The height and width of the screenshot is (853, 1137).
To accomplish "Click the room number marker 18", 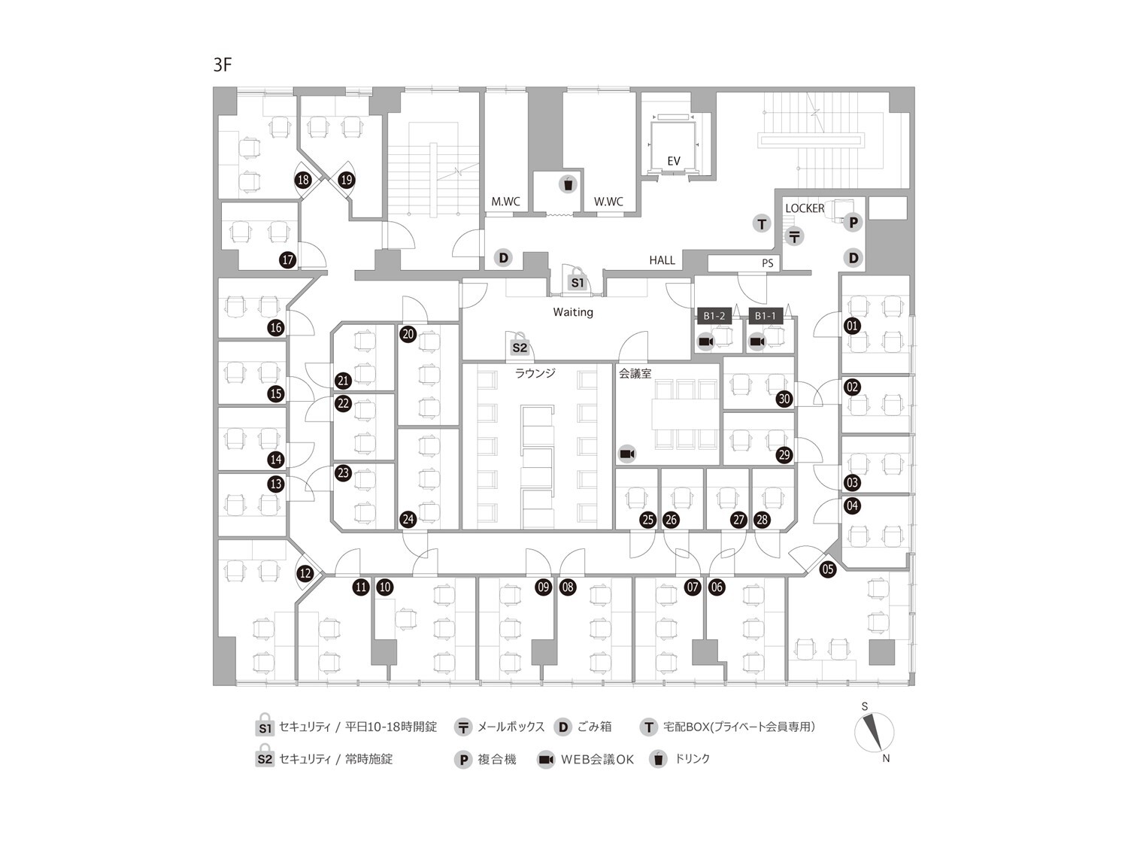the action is (x=303, y=180).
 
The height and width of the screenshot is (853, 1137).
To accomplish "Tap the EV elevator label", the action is (x=673, y=161).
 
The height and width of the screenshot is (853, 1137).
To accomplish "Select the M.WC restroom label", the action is (x=505, y=202).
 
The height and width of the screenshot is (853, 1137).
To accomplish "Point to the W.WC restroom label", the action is (x=608, y=202).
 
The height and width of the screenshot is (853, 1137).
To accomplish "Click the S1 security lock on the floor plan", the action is (x=577, y=280).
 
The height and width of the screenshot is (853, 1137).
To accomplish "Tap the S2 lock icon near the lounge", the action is (x=520, y=345).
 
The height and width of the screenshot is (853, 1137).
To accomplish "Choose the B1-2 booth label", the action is (x=714, y=316).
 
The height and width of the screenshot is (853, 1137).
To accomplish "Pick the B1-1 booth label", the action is (x=765, y=316).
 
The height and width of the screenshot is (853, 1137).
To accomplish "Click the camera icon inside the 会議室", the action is (x=626, y=454).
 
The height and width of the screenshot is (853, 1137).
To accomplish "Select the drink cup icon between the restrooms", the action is (x=568, y=184).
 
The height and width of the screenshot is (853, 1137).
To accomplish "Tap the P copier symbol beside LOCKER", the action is (x=853, y=223).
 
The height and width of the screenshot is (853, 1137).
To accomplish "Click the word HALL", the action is (x=662, y=260).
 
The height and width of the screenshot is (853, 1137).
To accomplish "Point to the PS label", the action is (x=767, y=263).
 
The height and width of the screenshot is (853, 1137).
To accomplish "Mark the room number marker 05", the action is (x=828, y=569).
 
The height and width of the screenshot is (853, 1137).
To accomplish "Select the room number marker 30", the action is (x=784, y=399).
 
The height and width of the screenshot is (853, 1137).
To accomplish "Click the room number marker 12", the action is (x=305, y=573).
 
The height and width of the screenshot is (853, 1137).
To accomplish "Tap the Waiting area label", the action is (x=573, y=311).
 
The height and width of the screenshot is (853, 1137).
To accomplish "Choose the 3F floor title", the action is (x=223, y=65).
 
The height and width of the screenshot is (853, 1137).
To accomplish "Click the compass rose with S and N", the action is (x=874, y=733).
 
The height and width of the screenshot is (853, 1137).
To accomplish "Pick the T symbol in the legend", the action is (x=648, y=727).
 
